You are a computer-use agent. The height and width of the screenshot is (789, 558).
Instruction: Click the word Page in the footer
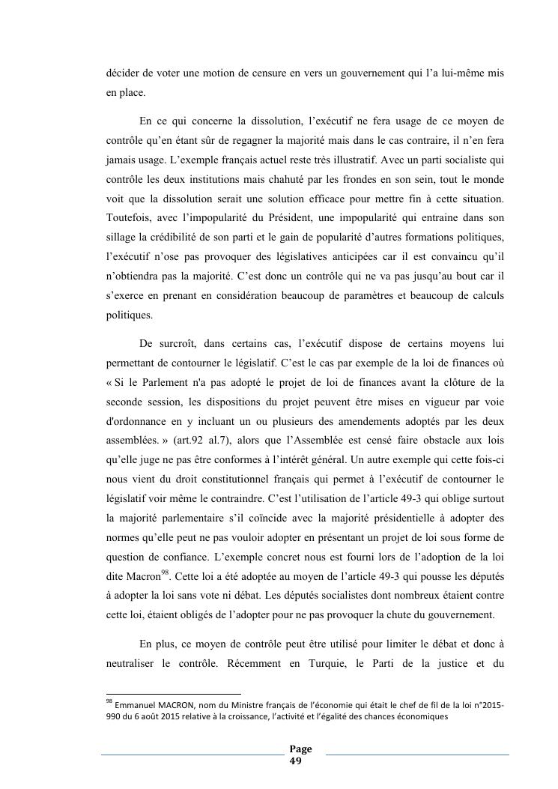[302, 749]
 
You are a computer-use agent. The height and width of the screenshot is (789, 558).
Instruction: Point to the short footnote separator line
[174, 694]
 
